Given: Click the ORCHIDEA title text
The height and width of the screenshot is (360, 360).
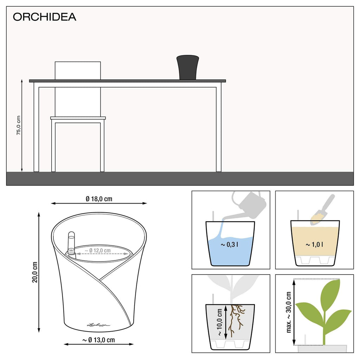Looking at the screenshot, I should (x=44, y=17).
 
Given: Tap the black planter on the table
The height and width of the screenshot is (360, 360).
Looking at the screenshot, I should (x=188, y=67).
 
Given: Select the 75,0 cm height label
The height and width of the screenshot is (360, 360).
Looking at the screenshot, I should (x=19, y=125).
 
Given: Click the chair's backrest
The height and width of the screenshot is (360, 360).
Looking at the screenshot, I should (x=78, y=70).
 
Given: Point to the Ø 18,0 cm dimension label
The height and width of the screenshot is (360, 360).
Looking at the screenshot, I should (x=99, y=199).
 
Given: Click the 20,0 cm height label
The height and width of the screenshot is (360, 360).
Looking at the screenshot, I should (x=34, y=272).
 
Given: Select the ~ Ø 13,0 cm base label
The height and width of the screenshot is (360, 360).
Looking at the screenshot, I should (x=99, y=340).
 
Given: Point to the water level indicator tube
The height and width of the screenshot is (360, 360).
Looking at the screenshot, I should (x=71, y=243).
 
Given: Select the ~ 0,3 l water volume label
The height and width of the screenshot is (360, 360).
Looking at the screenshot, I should (x=230, y=244).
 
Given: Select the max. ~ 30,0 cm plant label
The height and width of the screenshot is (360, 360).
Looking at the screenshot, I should (x=289, y=312).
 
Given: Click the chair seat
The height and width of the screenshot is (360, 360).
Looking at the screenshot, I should (x=78, y=118).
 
